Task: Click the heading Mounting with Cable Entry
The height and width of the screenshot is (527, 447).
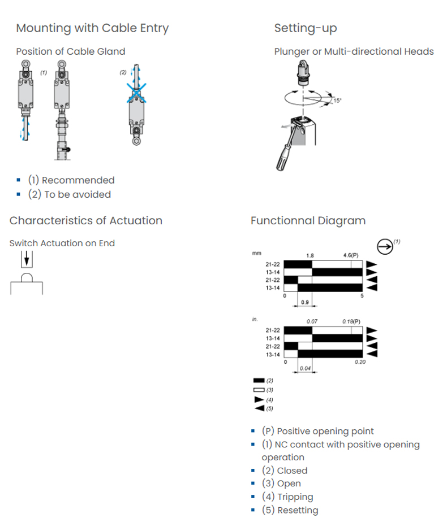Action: pos(92,28)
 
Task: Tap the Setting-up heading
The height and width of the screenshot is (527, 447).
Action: pos(306,28)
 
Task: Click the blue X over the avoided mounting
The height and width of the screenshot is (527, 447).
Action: pos(136,93)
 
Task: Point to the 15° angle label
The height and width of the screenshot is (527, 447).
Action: pos(337,101)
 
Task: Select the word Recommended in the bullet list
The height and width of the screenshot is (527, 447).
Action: pos(78,180)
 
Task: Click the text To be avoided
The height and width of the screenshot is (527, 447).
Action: pos(78,195)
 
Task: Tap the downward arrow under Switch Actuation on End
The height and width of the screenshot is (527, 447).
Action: pos(27,259)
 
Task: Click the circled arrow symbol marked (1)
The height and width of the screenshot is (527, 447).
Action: pos(385,247)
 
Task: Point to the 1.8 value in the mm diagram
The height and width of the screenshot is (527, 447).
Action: pos(310,256)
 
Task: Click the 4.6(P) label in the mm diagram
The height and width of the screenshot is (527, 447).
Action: pos(351,255)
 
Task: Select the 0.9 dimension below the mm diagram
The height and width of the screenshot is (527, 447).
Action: pos(305,302)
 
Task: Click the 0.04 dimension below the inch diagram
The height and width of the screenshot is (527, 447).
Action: pos(305,368)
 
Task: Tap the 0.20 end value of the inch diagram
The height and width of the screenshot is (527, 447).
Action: pos(360,362)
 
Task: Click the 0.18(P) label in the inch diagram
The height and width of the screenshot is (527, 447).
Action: pos(351,321)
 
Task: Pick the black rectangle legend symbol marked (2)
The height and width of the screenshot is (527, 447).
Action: pos(259,381)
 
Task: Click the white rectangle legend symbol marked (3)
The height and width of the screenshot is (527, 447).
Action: pos(259,390)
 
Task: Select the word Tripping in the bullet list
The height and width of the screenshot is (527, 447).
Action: pos(295,496)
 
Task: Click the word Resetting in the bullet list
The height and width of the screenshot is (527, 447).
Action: pos(298,510)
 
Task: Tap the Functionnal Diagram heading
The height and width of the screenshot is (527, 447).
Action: pos(308,221)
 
